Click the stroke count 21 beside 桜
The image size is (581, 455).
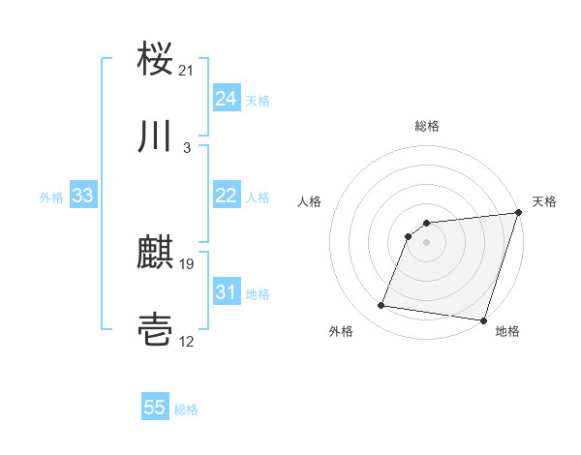(187, 70)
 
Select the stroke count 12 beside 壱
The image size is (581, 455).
(187, 343)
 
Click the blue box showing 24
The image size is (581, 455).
(227, 99)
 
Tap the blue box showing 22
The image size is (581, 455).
(227, 196)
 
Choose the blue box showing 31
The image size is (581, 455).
(227, 292)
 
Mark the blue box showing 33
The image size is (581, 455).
(83, 196)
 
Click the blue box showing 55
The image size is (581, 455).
(155, 408)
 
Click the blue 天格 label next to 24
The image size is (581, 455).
(258, 100)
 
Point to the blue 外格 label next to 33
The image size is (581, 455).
(51, 197)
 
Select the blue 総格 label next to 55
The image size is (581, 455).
(186, 409)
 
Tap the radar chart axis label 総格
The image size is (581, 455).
(426, 127)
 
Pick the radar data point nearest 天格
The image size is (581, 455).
(518, 214)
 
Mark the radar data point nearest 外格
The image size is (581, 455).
(382, 306)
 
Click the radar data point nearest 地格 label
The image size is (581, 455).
(483, 320)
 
